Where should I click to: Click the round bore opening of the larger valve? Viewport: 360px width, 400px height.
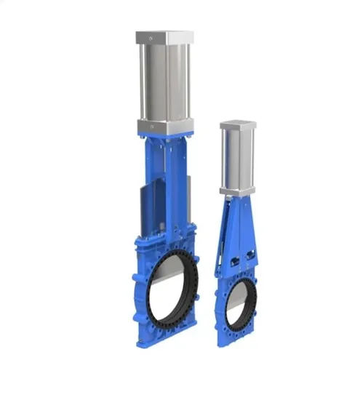[175, 285]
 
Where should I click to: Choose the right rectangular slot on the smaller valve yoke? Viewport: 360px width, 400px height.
[251, 256]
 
